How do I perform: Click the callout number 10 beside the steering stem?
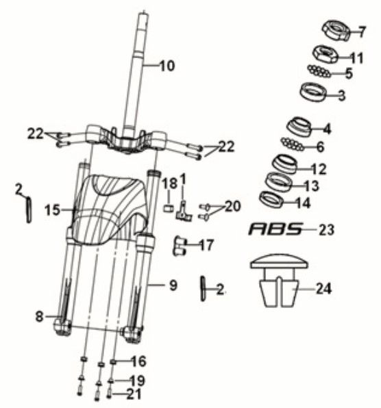(167, 66)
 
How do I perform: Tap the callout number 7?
(362, 31)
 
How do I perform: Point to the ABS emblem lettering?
(275, 229)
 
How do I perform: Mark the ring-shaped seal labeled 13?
(278, 183)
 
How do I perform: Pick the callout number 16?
(138, 360)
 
